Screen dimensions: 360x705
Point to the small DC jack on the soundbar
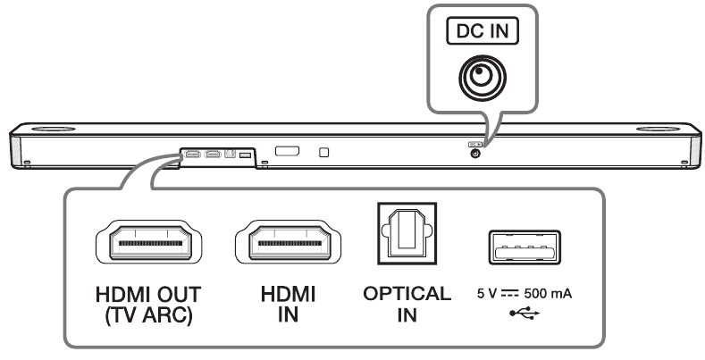click(474, 153)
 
